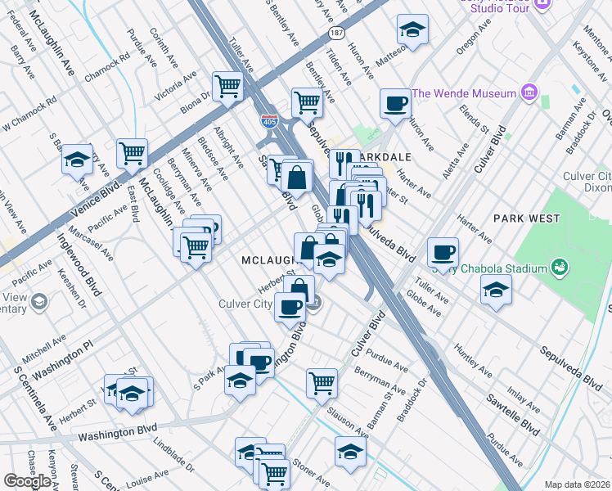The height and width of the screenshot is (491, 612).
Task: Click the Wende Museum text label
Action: [x=464, y=93]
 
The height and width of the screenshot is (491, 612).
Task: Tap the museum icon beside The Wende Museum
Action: [x=529, y=93]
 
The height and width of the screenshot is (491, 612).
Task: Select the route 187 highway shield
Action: [x=336, y=33]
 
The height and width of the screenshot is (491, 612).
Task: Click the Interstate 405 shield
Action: [x=269, y=121]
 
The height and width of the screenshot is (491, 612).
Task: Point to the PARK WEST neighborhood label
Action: [x=526, y=218]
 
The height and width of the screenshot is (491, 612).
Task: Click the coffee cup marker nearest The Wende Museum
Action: [x=395, y=104]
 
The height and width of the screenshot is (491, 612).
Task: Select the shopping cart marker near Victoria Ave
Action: [x=227, y=84]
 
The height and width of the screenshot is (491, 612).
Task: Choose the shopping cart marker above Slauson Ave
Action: [x=322, y=381]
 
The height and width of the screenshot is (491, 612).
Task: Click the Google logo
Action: [x=27, y=481]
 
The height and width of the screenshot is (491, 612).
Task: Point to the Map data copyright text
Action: [x=577, y=484]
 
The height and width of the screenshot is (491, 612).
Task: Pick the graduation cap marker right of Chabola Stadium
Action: [x=495, y=290]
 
